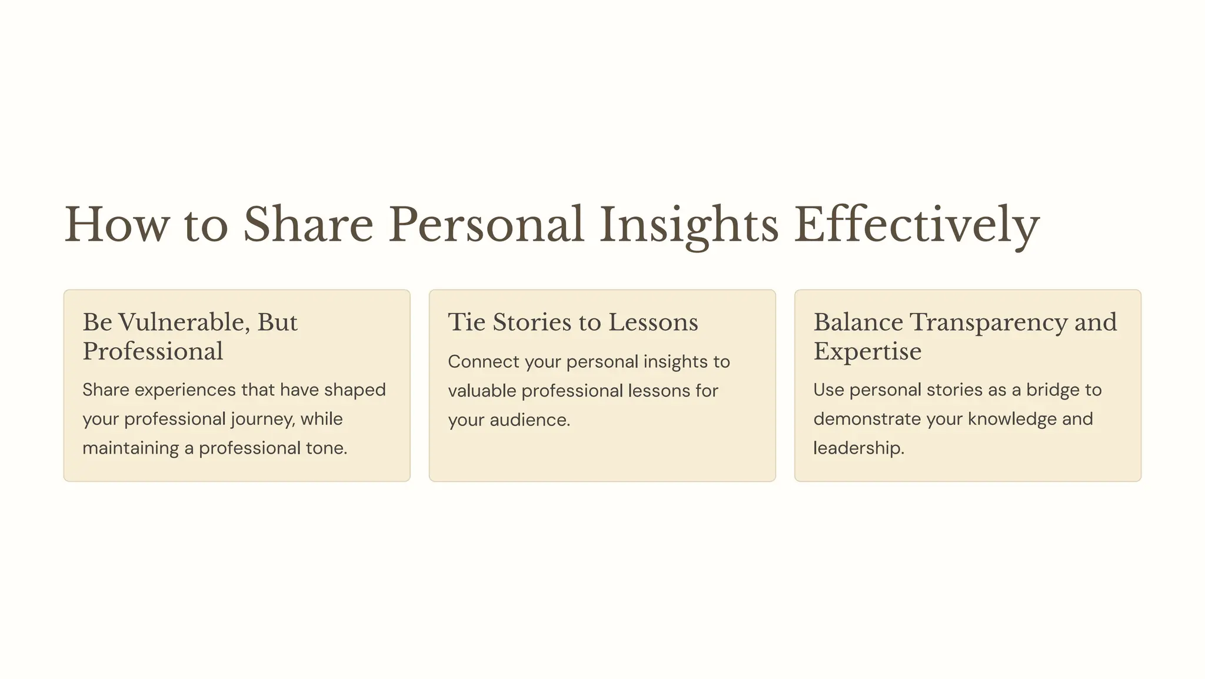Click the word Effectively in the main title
[916, 225]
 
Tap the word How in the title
[116, 225]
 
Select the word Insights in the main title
[689, 225]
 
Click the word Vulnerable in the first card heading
[184, 322]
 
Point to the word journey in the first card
[261, 420]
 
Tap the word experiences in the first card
[182, 390]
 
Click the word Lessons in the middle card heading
[653, 322]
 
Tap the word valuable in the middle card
[482, 391]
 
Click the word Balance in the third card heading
[858, 322]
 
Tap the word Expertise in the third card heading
[867, 352]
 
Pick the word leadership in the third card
[858, 448]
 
